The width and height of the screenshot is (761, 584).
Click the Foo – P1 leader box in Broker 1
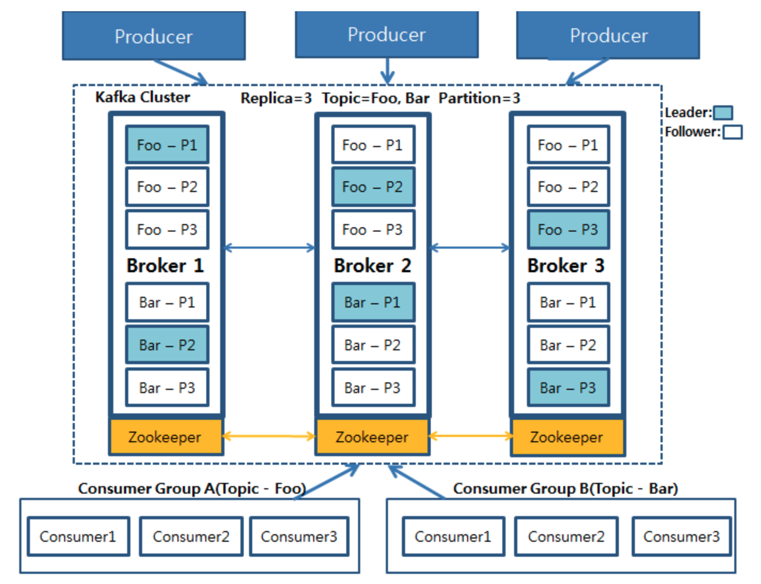[167, 144]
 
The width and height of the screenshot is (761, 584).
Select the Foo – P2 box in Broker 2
[372, 187]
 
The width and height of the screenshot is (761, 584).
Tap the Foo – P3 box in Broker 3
[568, 229]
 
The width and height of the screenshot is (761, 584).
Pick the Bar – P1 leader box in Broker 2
[372, 302]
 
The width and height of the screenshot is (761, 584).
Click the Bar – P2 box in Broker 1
[167, 345]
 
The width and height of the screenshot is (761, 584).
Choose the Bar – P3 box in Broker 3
[568, 388]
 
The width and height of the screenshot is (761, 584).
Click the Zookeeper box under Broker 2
[372, 437]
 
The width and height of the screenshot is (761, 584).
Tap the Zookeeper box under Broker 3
[567, 437]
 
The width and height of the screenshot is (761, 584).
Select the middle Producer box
[386, 35]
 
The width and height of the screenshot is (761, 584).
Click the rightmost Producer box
[608, 35]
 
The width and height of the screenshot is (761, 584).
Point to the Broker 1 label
[165, 265]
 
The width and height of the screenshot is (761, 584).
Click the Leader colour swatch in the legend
[723, 113]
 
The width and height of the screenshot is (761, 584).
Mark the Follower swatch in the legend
[732, 132]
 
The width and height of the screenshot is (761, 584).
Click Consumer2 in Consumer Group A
[191, 536]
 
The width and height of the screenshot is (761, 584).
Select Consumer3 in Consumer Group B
[681, 536]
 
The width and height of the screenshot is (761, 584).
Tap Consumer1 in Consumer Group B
[453, 536]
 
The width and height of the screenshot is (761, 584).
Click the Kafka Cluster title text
[143, 97]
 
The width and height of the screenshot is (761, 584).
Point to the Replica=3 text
[276, 98]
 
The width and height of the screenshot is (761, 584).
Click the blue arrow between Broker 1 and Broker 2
[269, 247]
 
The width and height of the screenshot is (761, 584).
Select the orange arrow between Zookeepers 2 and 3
[470, 436]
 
